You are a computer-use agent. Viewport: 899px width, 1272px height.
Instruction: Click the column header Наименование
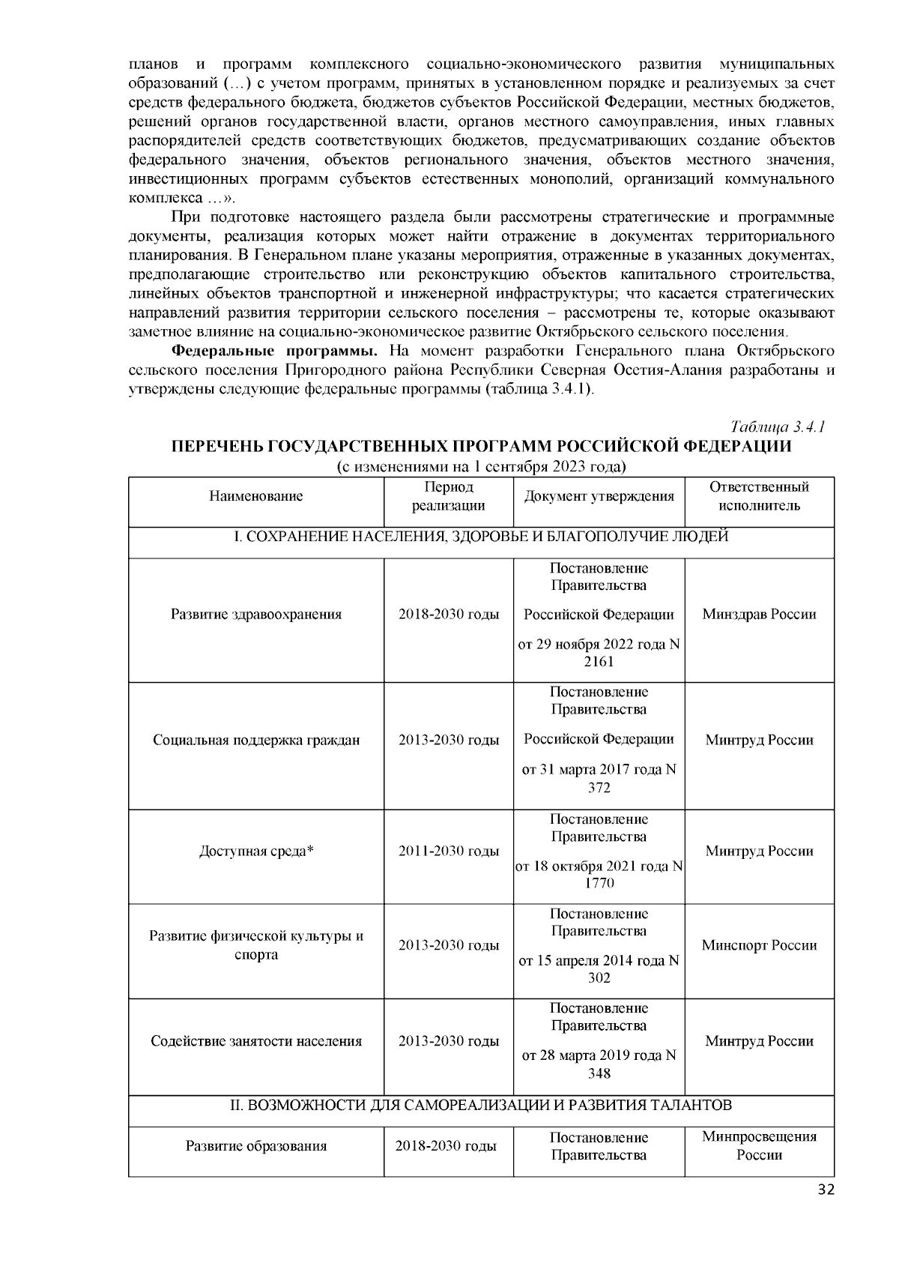tap(256, 496)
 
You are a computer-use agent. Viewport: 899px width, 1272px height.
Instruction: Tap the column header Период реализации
tap(449, 496)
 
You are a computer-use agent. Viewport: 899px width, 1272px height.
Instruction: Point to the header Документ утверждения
tap(599, 496)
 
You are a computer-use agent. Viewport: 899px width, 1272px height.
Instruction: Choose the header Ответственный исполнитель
tap(759, 496)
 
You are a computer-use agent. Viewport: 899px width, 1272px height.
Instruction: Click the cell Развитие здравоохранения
tap(256, 615)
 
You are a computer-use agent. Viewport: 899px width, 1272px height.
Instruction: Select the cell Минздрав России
tap(759, 615)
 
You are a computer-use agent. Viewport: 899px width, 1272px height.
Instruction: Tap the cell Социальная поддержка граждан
tap(256, 741)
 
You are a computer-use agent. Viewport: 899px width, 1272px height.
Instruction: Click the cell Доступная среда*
tap(256, 851)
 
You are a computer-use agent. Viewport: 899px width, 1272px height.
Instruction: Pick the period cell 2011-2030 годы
tap(449, 851)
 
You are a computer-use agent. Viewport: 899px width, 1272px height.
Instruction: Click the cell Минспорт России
tap(759, 946)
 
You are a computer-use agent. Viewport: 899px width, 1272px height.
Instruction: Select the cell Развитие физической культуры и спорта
tap(256, 946)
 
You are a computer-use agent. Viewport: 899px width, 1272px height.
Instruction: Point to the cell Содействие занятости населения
tap(256, 1041)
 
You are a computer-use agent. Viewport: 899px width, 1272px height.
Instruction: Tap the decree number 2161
tap(599, 662)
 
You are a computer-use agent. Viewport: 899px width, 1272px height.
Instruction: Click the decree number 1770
tap(599, 884)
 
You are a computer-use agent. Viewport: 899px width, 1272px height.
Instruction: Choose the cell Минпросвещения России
tap(759, 1146)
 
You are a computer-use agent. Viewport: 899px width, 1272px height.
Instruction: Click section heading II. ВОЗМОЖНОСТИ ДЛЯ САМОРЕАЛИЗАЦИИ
tap(480, 1106)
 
